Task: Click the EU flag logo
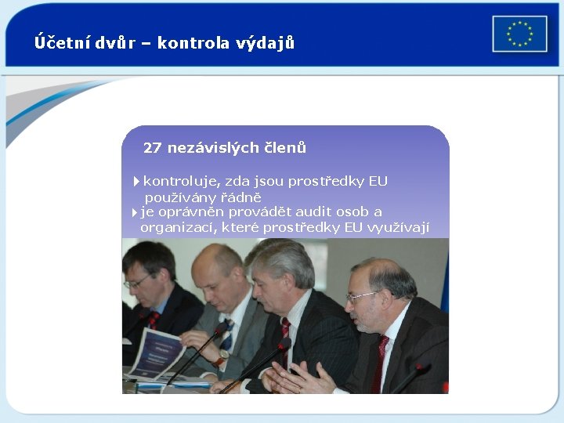(x=519, y=34)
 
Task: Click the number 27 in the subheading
(x=153, y=147)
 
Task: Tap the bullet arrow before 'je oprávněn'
(x=134, y=212)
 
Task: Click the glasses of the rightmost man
(x=362, y=296)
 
